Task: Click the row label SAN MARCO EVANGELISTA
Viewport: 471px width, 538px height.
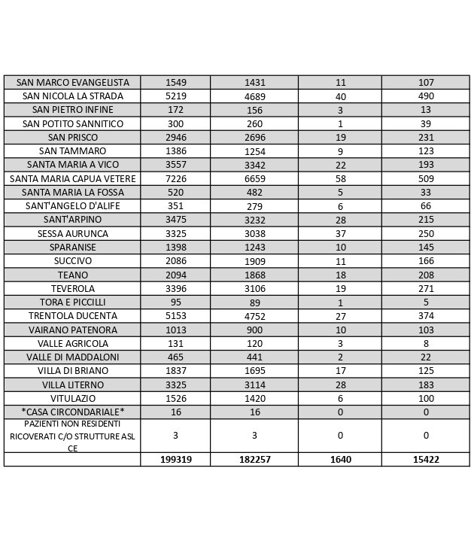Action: coord(72,83)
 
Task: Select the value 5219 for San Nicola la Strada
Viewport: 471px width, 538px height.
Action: coord(175,96)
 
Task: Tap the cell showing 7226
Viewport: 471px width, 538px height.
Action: coord(175,178)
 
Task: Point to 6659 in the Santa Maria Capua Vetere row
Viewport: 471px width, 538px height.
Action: coord(254,178)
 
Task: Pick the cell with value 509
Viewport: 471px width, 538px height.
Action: coord(425,178)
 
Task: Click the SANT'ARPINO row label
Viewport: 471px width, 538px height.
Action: coord(72,220)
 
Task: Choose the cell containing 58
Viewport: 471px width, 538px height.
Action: coord(340,178)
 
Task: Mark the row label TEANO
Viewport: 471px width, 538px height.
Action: coord(72,275)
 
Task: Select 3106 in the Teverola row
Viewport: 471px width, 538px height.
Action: coord(254,288)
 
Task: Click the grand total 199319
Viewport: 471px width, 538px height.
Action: coord(175,459)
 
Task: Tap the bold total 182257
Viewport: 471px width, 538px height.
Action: coord(254,459)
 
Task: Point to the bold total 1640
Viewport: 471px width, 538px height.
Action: coord(340,459)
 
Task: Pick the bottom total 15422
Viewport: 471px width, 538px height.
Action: coord(425,459)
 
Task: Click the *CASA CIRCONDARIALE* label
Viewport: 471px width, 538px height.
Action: coord(72,412)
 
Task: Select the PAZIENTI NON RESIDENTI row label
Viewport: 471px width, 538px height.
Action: coord(72,436)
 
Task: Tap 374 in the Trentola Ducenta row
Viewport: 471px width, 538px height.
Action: coord(425,316)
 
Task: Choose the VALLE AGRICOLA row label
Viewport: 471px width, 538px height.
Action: coord(72,343)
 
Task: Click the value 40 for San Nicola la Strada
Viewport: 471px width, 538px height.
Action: coord(340,96)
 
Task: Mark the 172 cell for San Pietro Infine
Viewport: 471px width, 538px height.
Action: coord(175,110)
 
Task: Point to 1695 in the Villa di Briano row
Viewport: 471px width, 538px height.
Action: coord(254,370)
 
